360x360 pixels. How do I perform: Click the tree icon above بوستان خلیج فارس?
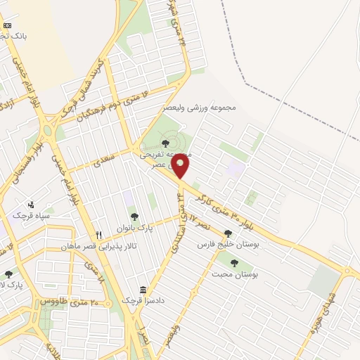point(228,233)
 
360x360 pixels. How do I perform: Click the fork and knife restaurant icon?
point(98,235)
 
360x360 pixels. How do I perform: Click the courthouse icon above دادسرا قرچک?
point(143,290)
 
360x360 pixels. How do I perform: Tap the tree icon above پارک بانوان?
point(134,217)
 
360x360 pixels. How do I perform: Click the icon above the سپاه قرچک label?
point(31,205)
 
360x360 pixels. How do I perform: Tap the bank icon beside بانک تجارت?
point(8,25)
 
